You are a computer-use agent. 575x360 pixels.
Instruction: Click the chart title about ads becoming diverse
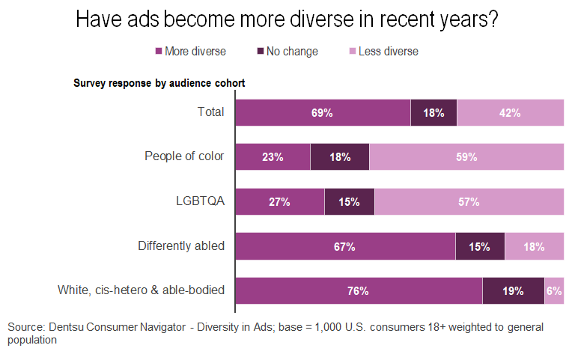tap(287, 20)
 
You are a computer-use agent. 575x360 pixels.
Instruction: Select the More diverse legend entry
tap(190, 52)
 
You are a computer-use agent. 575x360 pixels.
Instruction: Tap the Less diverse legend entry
tap(383, 52)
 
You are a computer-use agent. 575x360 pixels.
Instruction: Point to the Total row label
tap(210, 112)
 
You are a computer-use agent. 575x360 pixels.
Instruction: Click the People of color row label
tap(184, 156)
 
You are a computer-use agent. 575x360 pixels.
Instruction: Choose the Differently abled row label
tap(181, 245)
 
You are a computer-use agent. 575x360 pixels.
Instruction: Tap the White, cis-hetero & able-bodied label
tap(142, 290)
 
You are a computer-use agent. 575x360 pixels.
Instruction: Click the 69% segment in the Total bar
tap(323, 113)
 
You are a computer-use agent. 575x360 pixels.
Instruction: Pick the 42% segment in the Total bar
tap(510, 113)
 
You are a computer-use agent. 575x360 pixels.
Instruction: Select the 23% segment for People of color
tap(273, 157)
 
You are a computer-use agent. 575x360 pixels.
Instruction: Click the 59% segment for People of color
tap(466, 157)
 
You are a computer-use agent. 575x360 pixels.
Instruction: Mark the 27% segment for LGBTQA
tap(279, 201)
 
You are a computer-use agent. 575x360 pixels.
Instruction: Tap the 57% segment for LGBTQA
tap(469, 201)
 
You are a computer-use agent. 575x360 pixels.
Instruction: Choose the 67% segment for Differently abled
tap(345, 246)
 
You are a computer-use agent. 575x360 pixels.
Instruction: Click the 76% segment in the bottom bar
tap(359, 290)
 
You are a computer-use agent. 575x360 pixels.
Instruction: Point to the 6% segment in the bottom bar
tap(554, 290)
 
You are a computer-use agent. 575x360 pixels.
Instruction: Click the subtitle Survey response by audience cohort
tap(159, 82)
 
